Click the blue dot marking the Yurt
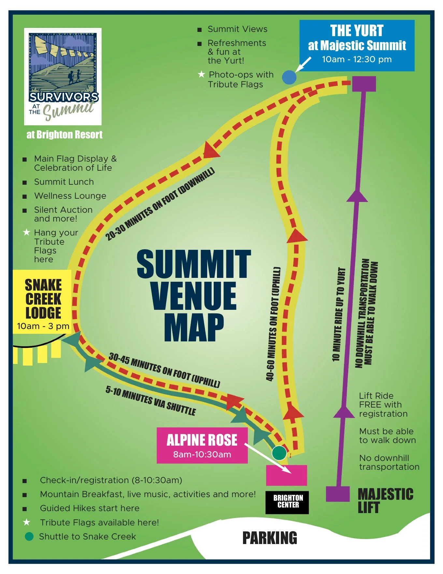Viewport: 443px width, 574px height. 289,78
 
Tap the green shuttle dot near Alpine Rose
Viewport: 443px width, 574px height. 279,452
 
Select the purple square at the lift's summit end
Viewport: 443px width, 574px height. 364,84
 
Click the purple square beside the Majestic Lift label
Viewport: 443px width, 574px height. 338,494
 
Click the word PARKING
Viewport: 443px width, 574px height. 270,538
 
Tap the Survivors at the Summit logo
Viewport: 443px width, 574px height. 63,77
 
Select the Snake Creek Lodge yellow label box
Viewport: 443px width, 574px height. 42,302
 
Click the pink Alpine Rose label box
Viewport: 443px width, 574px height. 202,445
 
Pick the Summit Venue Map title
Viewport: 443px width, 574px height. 194,295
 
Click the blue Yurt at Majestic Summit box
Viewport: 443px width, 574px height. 357,45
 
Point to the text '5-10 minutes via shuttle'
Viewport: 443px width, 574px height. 150,400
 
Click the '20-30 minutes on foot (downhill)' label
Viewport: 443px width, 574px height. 160,204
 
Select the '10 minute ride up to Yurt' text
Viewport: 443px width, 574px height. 338,314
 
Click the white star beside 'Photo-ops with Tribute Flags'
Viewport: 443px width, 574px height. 201,75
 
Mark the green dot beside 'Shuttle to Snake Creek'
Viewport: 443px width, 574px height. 29,537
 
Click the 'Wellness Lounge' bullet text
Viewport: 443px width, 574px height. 70,196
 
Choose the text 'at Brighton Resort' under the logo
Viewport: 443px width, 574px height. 64,135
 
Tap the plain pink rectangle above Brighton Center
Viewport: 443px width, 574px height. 287,475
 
